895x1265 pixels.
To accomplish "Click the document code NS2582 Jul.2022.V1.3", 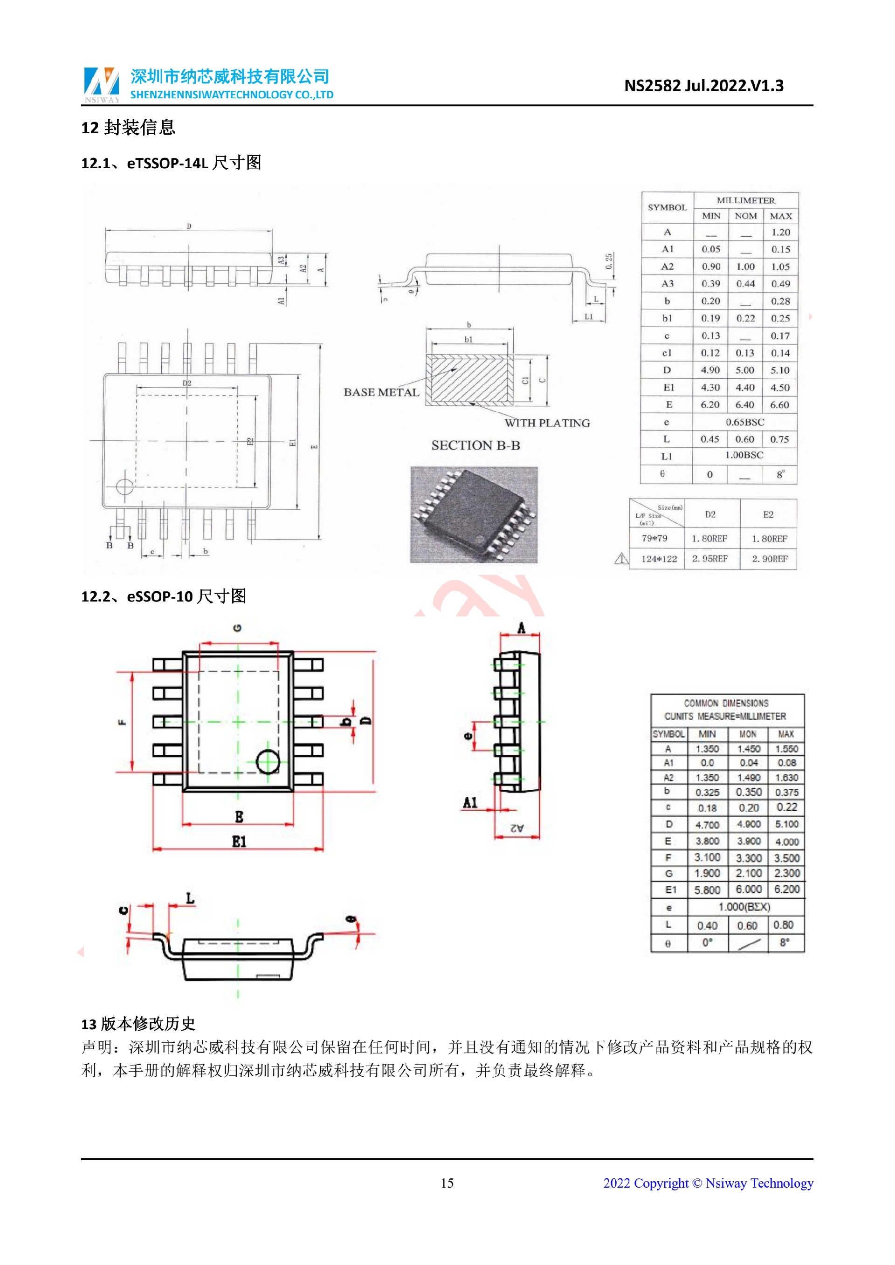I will [703, 85].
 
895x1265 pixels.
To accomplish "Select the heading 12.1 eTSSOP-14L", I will [171, 163].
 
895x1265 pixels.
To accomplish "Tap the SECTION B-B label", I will [475, 445].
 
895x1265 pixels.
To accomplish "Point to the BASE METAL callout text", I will [381, 392].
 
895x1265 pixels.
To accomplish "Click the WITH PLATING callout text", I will [547, 423].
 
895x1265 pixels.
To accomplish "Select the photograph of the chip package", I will [474, 514].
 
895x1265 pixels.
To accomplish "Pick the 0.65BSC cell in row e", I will [744, 422].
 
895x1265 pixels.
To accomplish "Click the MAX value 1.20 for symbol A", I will [780, 232].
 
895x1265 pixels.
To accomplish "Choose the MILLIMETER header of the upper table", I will [746, 200].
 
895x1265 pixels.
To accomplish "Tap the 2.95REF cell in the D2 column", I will [710, 559].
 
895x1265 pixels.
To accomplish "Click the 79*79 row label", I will [654, 538].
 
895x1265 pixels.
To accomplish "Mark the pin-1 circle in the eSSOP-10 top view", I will [268, 761].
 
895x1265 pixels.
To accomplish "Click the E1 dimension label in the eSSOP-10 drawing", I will [239, 841].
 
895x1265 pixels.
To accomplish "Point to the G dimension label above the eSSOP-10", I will [238, 628].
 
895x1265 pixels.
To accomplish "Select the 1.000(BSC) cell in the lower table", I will [744, 907].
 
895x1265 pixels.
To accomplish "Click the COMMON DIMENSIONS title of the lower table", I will [726, 704].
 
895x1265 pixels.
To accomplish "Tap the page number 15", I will [447, 1183].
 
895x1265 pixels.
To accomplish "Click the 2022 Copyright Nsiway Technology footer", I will [708, 1183].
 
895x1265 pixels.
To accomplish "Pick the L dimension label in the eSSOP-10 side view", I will [190, 899].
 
